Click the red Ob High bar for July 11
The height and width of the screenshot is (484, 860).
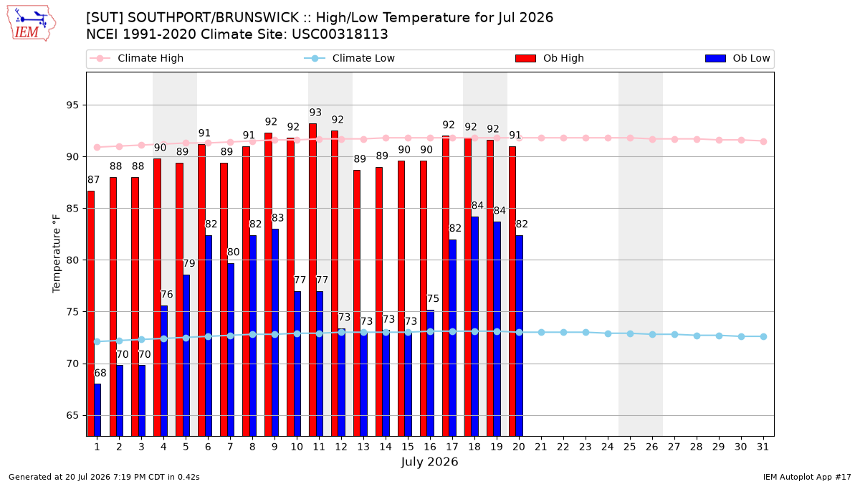click(313, 280)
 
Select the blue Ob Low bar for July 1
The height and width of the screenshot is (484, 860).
click(97, 410)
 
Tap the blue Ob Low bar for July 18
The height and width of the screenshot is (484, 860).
click(475, 326)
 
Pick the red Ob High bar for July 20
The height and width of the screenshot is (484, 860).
click(512, 291)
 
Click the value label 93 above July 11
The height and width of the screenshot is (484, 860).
click(315, 112)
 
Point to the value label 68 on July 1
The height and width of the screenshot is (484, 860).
click(100, 373)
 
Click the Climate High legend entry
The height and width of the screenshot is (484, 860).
click(137, 58)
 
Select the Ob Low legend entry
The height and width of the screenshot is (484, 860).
click(737, 58)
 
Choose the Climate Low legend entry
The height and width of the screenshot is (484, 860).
click(350, 58)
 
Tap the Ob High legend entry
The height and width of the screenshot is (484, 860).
click(550, 58)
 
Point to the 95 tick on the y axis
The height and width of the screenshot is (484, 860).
click(72, 105)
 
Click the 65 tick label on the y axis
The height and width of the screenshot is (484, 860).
click(72, 415)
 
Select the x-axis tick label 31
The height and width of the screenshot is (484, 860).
click(763, 447)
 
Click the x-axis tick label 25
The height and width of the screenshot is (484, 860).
click(630, 447)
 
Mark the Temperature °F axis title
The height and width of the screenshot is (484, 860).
click(57, 254)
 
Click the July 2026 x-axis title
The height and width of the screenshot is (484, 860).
click(429, 462)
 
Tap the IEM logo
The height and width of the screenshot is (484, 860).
click(32, 23)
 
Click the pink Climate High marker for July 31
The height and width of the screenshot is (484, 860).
click(763, 141)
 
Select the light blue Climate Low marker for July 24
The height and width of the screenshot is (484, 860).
click(608, 334)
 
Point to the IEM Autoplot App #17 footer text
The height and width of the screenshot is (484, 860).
click(807, 477)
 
